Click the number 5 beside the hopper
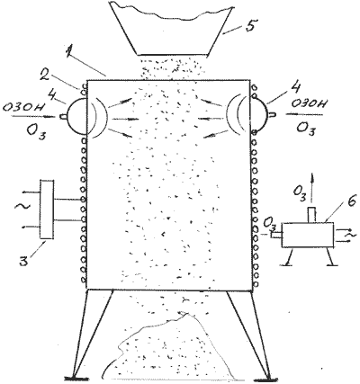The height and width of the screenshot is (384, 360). pos(249,24)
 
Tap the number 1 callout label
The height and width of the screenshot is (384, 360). pos(69,51)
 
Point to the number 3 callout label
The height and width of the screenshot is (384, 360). pos(24,258)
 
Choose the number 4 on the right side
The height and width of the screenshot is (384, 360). pos(296,88)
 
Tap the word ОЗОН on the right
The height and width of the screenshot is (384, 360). pos(309,104)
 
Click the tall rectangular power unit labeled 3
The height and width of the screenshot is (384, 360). pos(47,210)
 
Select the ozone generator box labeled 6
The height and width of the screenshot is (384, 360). pos(308,235)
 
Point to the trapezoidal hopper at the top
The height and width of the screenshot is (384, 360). pos(170,28)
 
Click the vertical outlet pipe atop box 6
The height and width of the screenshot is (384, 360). pos(312,215)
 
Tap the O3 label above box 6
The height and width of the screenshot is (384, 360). pos(299,193)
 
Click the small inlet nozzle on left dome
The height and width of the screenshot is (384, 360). pos(64,117)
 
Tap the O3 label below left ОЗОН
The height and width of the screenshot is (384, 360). pos(36,131)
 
